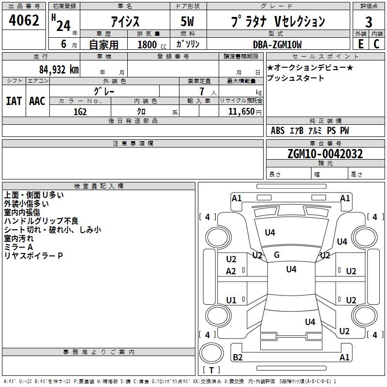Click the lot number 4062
pos(24,20)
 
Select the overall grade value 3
pos(369,22)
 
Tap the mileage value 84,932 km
pos(59,70)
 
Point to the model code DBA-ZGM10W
pos(277,45)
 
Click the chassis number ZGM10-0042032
pos(325,154)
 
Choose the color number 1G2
pos(80,112)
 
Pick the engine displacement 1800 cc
pos(152,45)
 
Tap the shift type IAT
pos(14,101)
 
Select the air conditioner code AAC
pos(37,101)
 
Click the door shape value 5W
pos(187,21)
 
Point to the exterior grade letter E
pos(360,44)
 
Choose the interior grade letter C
pos(376,44)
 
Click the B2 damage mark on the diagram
pos(238,357)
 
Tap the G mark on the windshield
pos(277,255)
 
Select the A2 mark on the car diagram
pos(231,271)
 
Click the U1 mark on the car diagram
pos(231,300)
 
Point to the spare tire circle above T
pos(211,353)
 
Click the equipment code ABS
pos(278,131)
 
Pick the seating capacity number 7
pos(202,91)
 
